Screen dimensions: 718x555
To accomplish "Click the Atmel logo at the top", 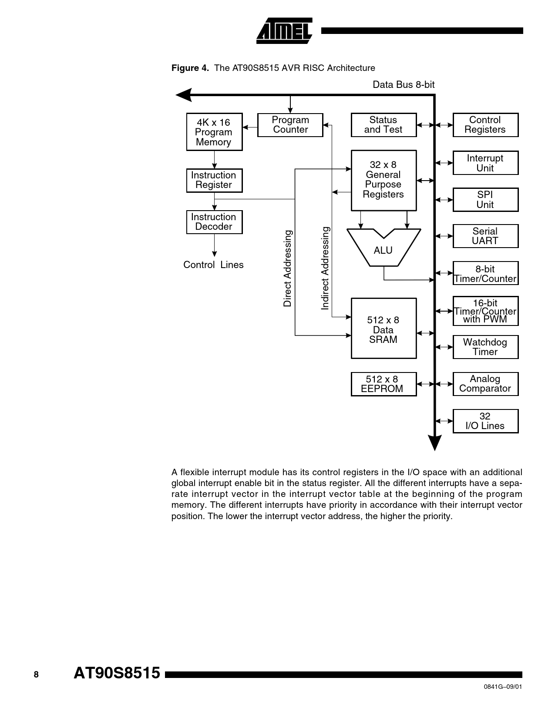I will click(284, 31).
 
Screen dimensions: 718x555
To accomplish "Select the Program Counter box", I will click(290, 125).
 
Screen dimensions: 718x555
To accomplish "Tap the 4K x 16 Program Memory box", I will click(214, 132).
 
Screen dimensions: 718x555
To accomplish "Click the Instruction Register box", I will click(214, 180).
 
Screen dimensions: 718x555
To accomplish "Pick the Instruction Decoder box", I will click(214, 222).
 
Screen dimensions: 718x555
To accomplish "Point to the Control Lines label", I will click(213, 265).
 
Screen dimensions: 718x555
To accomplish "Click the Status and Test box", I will click(383, 125).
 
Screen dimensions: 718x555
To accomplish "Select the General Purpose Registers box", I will click(383, 180).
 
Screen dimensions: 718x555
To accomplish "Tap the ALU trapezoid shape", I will click(383, 248).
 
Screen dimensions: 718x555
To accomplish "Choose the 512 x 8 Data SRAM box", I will click(383, 329).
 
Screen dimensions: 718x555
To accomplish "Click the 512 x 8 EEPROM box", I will click(383, 384).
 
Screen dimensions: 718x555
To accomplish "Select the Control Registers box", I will click(485, 125).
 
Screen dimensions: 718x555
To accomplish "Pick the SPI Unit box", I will click(485, 200).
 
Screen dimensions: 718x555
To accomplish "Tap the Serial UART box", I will click(485, 236).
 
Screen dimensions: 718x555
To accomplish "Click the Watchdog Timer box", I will click(485, 347).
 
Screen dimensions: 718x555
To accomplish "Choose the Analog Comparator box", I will click(485, 384).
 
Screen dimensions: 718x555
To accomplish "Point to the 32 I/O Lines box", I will click(485, 421).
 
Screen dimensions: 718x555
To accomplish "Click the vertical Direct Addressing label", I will click(288, 268).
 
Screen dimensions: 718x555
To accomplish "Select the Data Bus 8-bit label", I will click(404, 85).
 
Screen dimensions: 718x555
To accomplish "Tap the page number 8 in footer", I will click(36, 674).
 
